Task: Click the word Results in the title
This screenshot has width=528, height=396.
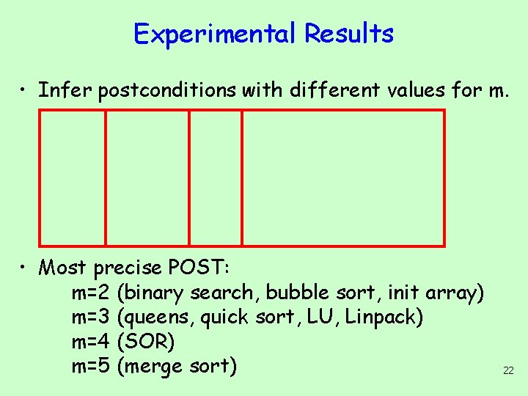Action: (349, 34)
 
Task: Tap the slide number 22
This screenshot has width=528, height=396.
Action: (508, 371)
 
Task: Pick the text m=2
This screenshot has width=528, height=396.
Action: (91, 293)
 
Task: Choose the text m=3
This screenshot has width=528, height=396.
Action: (91, 318)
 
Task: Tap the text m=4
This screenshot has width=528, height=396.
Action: (91, 342)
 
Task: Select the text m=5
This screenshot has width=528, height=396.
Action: (91, 366)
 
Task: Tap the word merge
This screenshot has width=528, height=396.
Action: (156, 367)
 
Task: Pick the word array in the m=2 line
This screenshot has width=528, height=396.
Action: (455, 293)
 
